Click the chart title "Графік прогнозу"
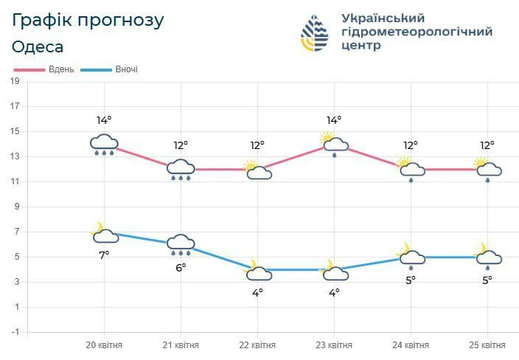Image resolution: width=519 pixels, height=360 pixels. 88,19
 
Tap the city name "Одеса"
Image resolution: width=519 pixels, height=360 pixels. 38,46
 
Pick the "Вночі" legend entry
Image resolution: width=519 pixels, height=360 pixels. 126,69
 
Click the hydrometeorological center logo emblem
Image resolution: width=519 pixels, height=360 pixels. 317,34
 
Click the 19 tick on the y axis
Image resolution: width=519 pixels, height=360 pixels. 15,81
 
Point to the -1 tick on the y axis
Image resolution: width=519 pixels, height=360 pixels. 15,332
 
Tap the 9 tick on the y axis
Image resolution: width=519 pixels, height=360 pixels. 15,207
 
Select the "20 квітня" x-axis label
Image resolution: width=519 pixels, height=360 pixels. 104,345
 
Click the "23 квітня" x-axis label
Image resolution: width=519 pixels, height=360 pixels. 334,345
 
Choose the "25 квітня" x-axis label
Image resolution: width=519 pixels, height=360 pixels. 487,345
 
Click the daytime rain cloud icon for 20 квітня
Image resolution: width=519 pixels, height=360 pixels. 104,145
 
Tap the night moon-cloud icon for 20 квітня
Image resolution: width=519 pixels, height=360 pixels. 104,233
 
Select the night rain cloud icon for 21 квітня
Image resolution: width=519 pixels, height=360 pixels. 181,243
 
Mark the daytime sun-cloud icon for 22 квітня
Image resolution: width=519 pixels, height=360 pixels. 257,171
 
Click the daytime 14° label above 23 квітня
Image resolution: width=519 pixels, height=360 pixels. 334,121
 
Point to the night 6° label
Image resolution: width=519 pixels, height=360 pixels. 181,267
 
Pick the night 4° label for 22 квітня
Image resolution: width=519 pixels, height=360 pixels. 257,292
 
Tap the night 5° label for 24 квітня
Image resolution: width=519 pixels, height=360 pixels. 411,280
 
